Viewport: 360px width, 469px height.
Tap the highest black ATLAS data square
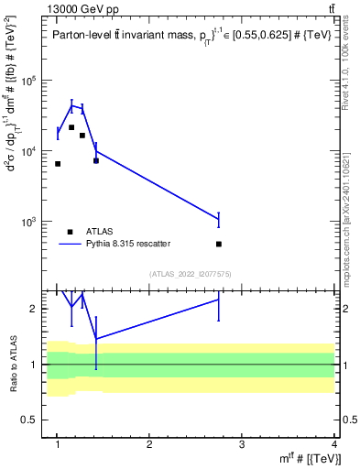tap(71, 127)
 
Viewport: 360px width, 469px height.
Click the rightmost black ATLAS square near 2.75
tap(219, 244)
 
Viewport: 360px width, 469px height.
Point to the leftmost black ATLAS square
tap(58, 164)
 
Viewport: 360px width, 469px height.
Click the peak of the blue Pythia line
tap(71, 105)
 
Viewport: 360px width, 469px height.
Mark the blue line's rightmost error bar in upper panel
tap(219, 220)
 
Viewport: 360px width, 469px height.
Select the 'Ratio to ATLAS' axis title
tap(14, 364)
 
